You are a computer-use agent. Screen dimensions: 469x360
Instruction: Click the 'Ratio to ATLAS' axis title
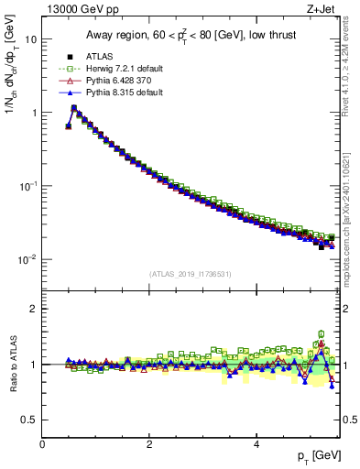pos(12,364)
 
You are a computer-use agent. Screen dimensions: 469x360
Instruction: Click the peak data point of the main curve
pos(74,108)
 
